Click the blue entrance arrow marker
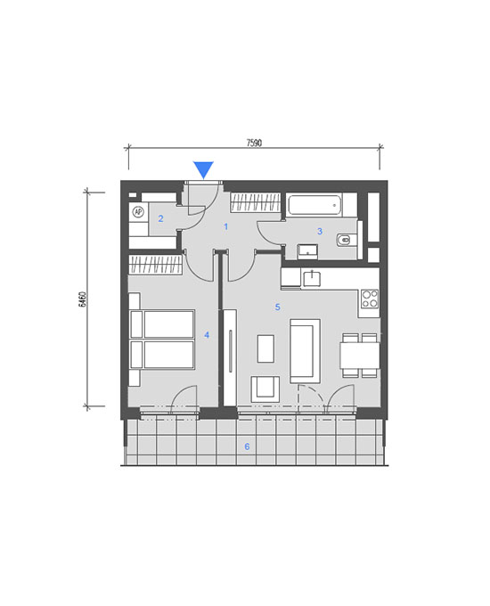pyautogui.click(x=203, y=170)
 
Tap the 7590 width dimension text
pyautogui.click(x=254, y=143)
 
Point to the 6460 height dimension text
pyautogui.click(x=82, y=299)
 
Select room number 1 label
pyautogui.click(x=226, y=226)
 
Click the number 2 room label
pyautogui.click(x=160, y=218)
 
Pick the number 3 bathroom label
pyautogui.click(x=320, y=231)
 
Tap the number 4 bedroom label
pyautogui.click(x=207, y=335)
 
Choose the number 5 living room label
pyautogui.click(x=277, y=307)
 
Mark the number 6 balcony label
pyautogui.click(x=247, y=446)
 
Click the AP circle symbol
pyautogui.click(x=138, y=212)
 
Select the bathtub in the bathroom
pyautogui.click(x=314, y=205)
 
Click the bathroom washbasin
pyautogui.click(x=307, y=252)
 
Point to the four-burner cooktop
pyautogui.click(x=370, y=299)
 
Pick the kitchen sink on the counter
pyautogui.click(x=312, y=279)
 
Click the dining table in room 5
pyautogui.click(x=359, y=356)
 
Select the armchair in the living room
pyautogui.click(x=265, y=389)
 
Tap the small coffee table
pyautogui.click(x=265, y=348)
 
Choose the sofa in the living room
pyautogui.click(x=305, y=351)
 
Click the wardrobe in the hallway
pyautogui.click(x=255, y=203)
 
